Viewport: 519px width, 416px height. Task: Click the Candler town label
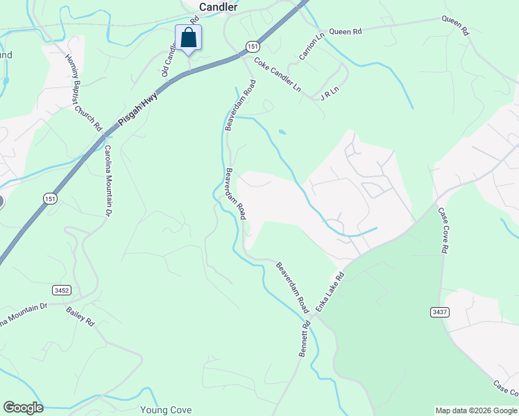pos(218,6)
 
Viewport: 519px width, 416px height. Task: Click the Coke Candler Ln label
pos(278,76)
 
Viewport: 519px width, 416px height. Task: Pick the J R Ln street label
pos(328,94)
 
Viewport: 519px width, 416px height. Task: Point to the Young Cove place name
pos(166,410)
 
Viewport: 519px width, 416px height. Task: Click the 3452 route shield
pos(60,290)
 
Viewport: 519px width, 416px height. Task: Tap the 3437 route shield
pos(438,311)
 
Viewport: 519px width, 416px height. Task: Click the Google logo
pos(23,408)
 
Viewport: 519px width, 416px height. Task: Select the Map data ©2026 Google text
pos(476,410)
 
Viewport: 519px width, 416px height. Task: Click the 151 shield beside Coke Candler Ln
pos(252,46)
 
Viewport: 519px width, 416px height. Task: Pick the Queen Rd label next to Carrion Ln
pos(346,31)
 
